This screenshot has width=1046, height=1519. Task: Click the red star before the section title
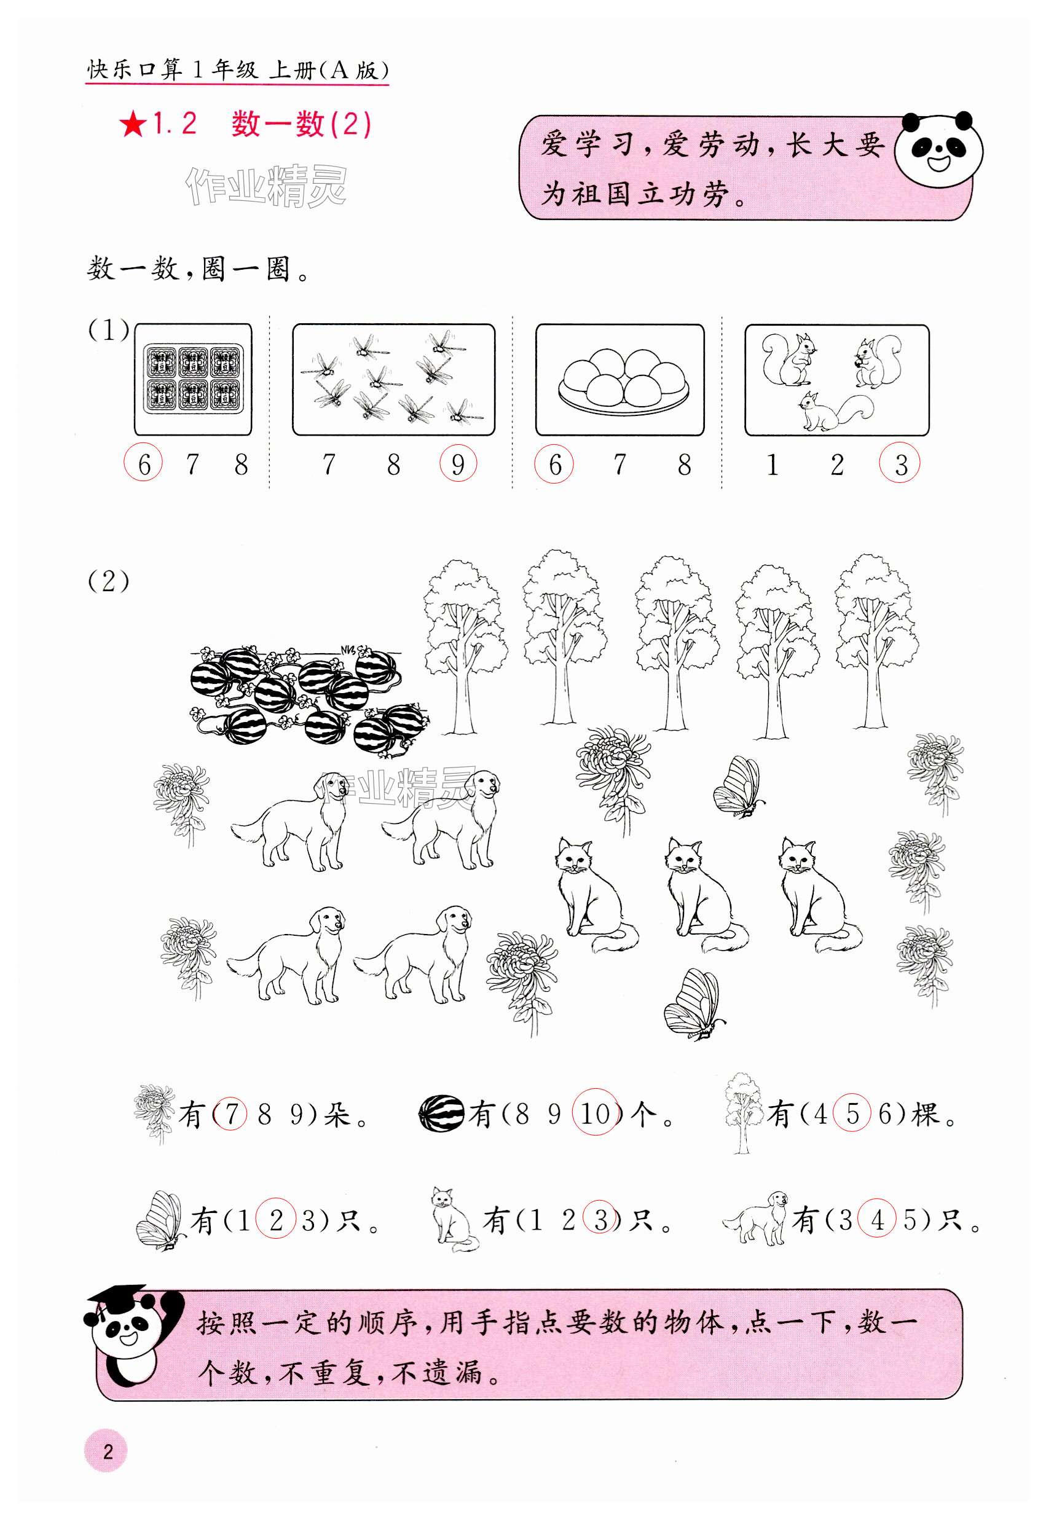(133, 124)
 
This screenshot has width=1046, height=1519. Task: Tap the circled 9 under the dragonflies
(458, 464)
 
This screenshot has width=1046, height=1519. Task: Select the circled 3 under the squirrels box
(900, 463)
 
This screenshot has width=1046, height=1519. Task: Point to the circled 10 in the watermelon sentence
(596, 1113)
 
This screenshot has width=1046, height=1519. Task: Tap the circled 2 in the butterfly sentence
(276, 1219)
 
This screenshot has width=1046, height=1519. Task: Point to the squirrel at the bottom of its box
(835, 411)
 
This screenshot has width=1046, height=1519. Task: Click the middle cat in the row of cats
(704, 895)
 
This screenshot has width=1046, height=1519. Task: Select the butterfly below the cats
(693, 1004)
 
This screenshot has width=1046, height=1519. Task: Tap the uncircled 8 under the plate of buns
(684, 465)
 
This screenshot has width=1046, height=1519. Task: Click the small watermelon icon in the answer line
(441, 1113)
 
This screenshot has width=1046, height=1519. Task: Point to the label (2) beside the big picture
(109, 581)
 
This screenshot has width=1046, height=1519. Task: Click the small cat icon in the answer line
(453, 1219)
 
